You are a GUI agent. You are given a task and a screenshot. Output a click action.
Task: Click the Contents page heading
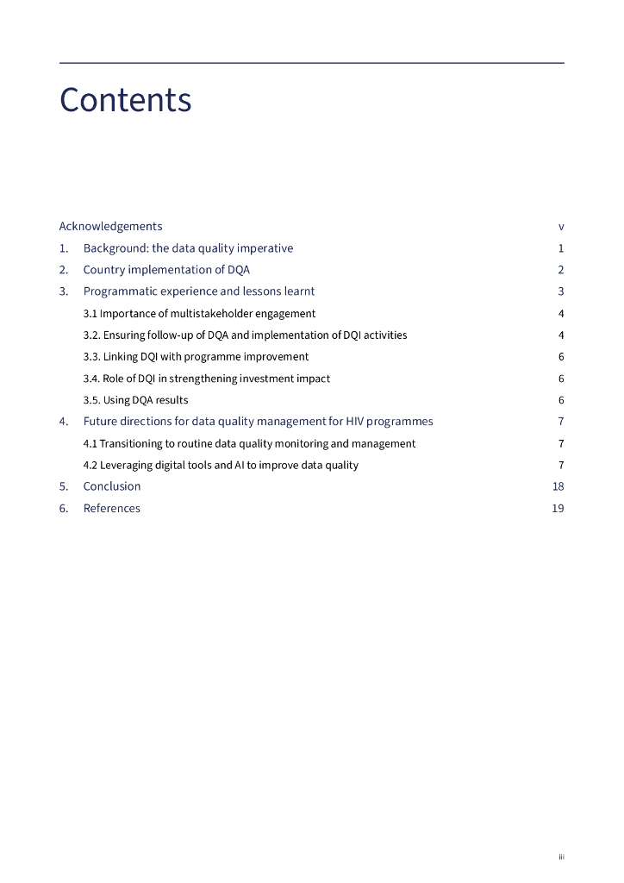[125, 101]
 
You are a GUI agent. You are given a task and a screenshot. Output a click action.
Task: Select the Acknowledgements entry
[110, 227]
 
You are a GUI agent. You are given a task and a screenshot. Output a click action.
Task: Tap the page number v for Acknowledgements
[561, 227]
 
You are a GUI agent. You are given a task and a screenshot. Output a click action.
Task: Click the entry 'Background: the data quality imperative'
[188, 248]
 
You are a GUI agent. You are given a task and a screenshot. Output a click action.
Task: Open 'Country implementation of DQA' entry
[166, 270]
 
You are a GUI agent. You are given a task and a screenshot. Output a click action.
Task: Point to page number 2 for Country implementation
[561, 270]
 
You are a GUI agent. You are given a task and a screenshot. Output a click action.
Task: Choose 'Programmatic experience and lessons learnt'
[199, 291]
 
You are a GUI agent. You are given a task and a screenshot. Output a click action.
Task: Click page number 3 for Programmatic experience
[561, 291]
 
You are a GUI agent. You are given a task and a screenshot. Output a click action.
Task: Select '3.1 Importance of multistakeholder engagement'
[199, 314]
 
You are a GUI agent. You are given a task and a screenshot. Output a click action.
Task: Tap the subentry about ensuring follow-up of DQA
[245, 335]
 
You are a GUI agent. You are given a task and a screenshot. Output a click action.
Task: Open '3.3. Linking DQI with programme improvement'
[196, 357]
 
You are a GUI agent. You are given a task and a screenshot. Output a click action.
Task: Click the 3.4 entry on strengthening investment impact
[206, 379]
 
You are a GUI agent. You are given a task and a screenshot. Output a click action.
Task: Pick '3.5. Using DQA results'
[135, 400]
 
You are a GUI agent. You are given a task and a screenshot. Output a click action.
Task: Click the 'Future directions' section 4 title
[258, 422]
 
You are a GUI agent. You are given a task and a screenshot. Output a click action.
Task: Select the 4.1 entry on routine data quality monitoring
[249, 443]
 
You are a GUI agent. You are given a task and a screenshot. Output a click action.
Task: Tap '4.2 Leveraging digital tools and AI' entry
[221, 465]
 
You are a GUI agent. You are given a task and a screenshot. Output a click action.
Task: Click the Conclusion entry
[111, 486]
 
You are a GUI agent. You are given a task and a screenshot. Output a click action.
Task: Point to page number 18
[558, 486]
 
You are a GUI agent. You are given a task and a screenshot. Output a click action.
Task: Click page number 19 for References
[558, 509]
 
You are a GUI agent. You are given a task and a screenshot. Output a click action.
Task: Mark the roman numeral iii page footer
[561, 857]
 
